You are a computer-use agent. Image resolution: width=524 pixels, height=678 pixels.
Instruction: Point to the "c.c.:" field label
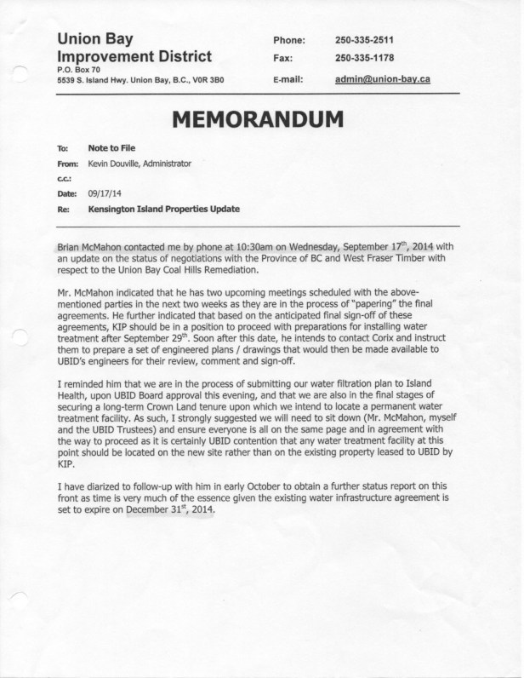tap(65, 178)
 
